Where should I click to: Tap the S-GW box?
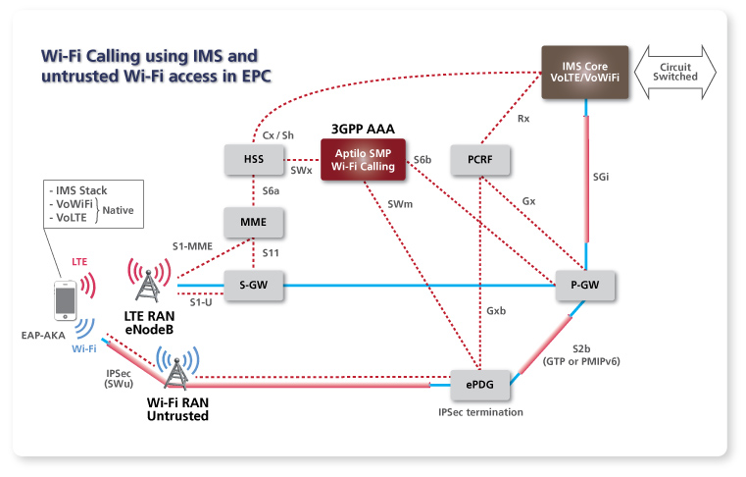[255, 286]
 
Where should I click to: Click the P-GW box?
[585, 286]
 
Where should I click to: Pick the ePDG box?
[480, 385]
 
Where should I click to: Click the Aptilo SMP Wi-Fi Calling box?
[363, 160]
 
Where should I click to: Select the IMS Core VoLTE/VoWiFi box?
[585, 71]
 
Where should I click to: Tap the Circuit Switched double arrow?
[675, 71]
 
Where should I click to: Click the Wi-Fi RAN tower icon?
[177, 371]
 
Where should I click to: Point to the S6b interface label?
[423, 160]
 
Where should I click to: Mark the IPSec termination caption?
[480, 412]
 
